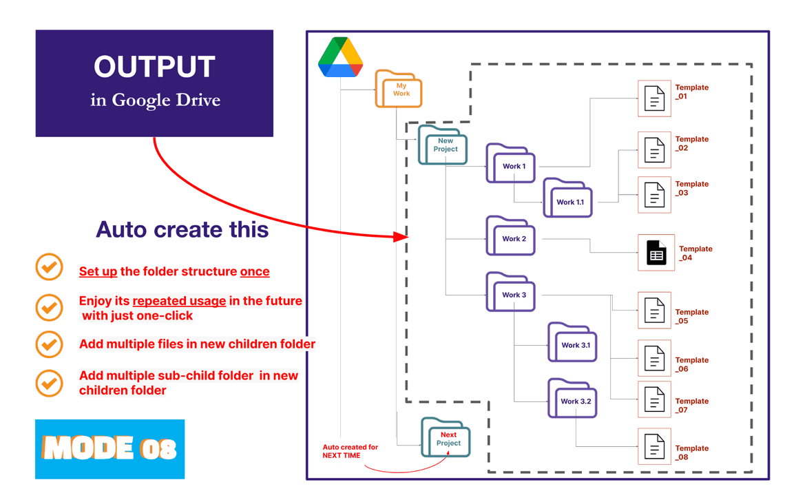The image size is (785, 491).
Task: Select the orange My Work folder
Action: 399,89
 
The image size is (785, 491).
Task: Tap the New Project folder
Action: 443,145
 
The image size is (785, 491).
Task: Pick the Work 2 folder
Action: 511,236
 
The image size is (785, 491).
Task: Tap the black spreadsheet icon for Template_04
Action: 656,253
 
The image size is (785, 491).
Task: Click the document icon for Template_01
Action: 654,98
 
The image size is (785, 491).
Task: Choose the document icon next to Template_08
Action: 654,446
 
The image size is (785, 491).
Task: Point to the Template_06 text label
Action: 691,364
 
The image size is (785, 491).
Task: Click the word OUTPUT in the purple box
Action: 154,67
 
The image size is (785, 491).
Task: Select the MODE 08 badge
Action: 110,449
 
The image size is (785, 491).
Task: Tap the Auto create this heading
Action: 182,229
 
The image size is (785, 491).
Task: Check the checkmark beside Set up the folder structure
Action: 50,268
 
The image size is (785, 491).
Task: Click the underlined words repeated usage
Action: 179,301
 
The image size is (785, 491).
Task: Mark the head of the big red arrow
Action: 403,237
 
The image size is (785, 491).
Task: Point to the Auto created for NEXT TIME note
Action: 350,451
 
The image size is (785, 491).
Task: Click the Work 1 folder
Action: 512,164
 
